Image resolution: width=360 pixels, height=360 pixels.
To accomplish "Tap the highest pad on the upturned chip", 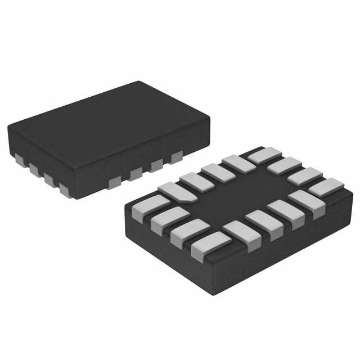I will coord(264,154).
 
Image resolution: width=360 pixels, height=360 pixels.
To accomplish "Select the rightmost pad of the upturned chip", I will coord(326,187).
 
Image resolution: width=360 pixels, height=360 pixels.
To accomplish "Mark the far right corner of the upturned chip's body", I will coord(344,186).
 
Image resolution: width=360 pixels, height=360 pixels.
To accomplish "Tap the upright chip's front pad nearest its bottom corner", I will coord(114,181).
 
